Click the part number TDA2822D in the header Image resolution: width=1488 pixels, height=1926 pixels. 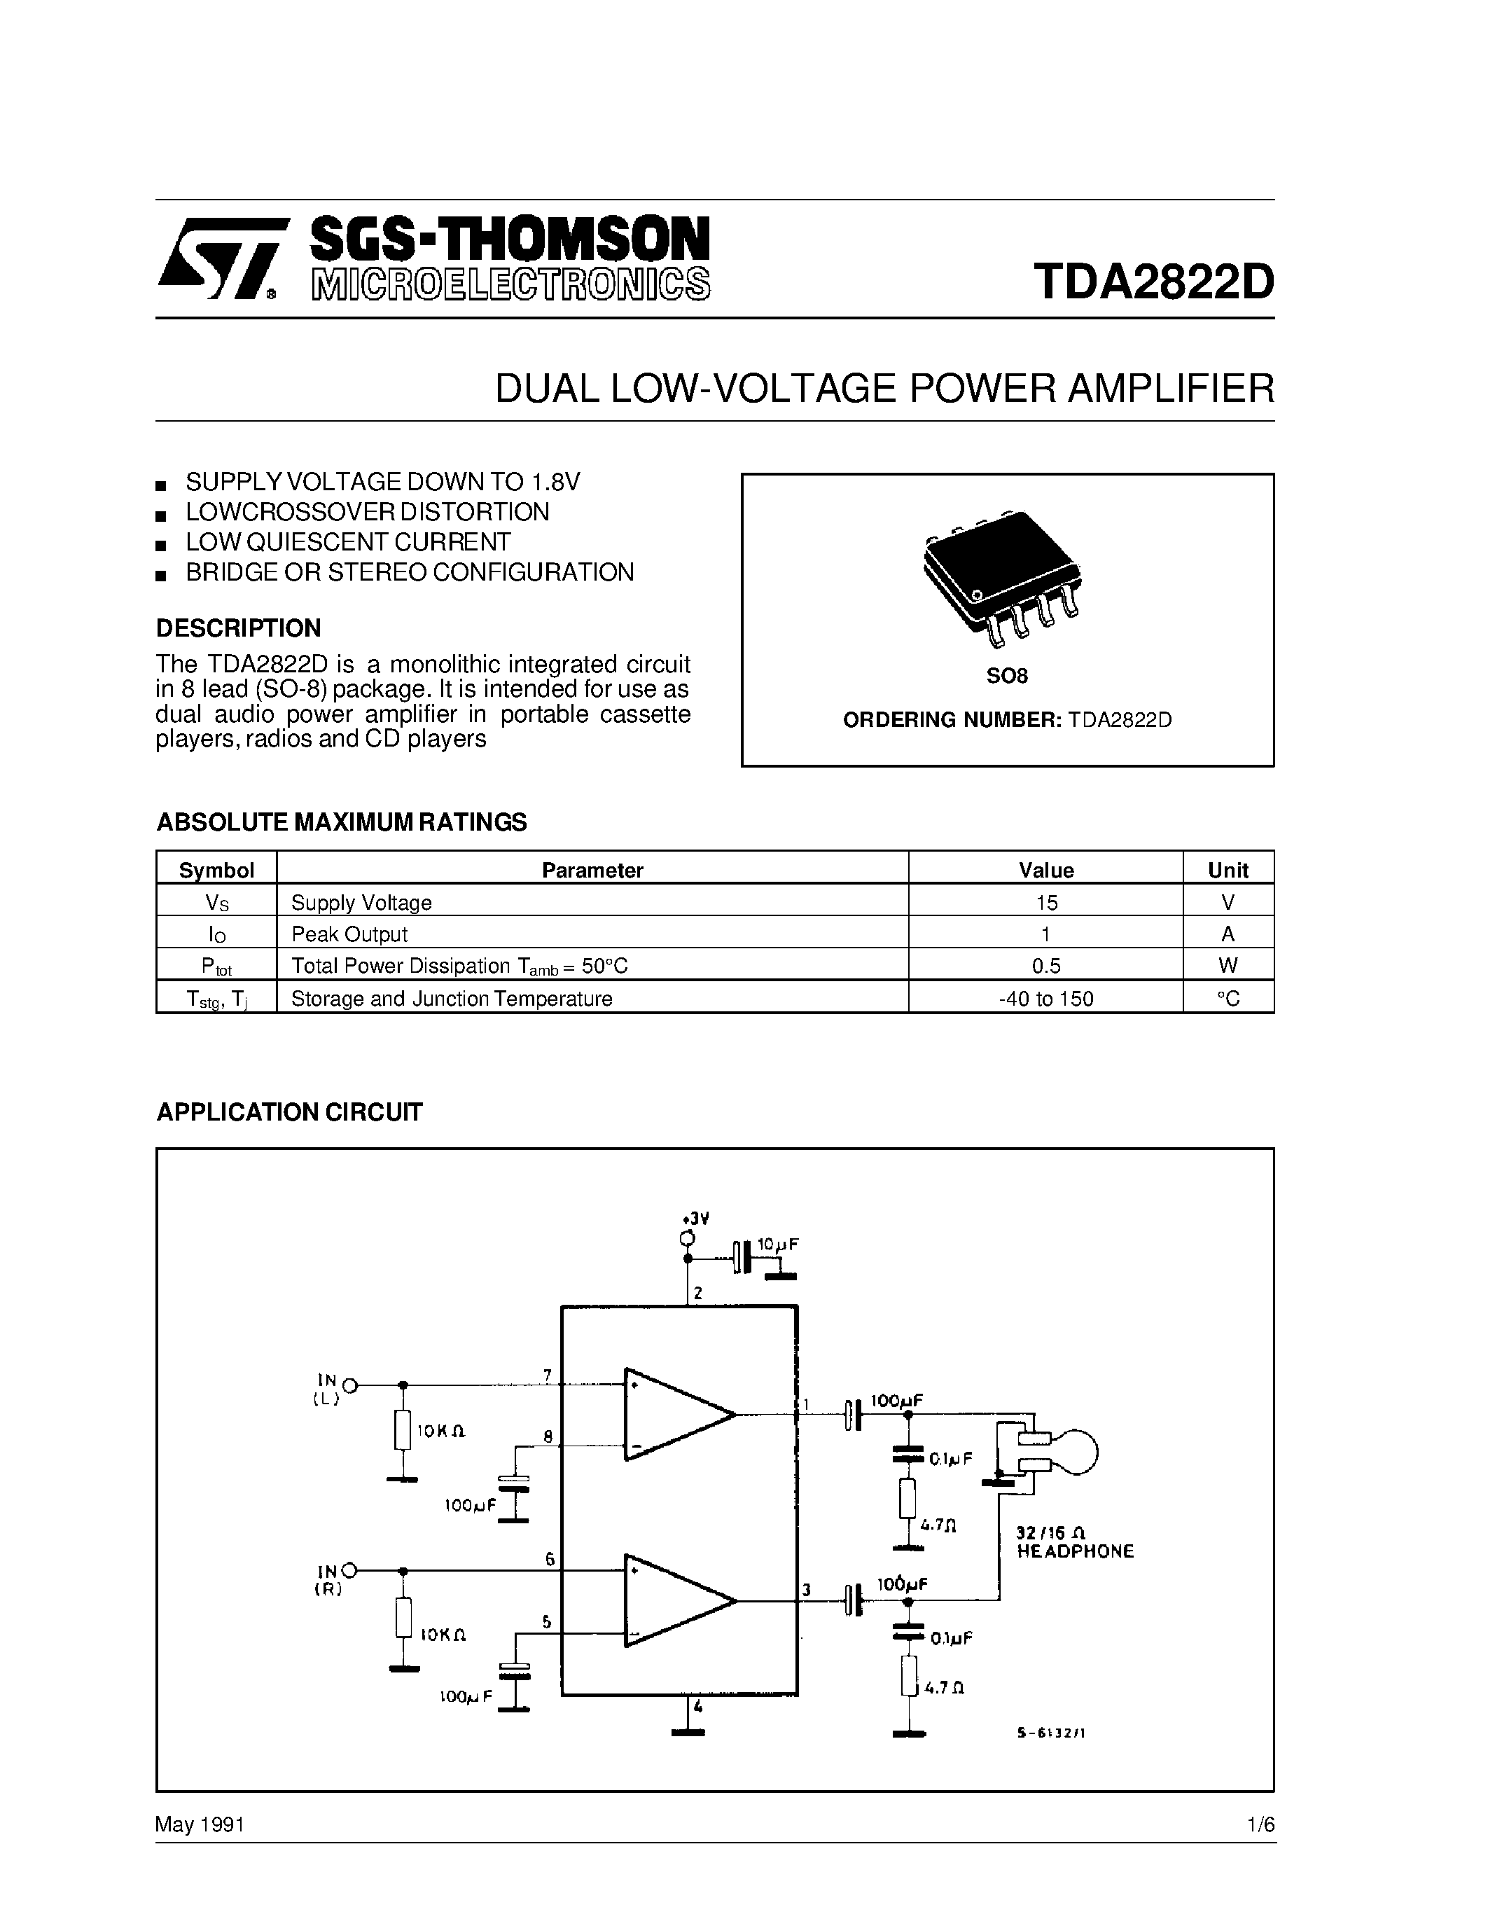tap(1154, 282)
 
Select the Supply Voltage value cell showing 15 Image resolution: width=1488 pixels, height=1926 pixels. tap(1046, 902)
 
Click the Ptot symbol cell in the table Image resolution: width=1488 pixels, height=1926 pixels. tap(216, 967)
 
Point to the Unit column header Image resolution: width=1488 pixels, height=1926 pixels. tap(1228, 871)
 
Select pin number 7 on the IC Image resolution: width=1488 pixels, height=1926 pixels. tap(548, 1375)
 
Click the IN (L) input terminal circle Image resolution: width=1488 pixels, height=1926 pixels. tap(350, 1385)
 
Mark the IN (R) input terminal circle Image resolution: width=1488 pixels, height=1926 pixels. tap(350, 1571)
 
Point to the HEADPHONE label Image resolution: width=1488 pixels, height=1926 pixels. tap(1076, 1551)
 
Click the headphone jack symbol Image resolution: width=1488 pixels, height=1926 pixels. tap(1053, 1452)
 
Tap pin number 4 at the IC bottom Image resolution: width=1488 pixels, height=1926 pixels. tap(697, 1705)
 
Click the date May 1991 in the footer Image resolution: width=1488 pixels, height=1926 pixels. tap(200, 1824)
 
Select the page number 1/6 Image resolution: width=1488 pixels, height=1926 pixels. tap(1260, 1824)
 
